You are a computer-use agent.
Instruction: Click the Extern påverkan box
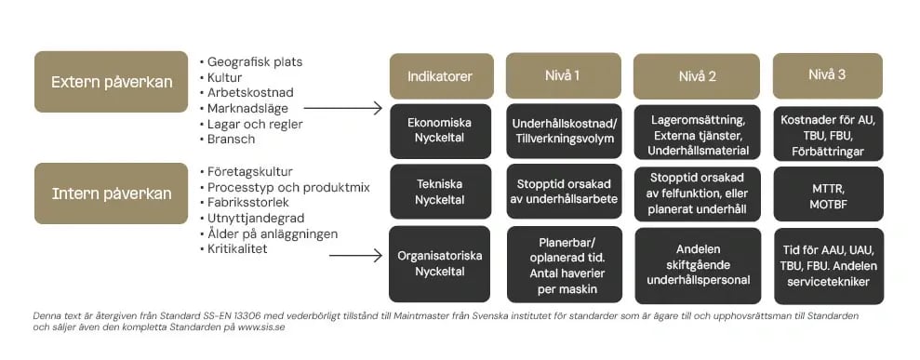click(112, 82)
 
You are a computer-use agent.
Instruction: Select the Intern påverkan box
click(112, 193)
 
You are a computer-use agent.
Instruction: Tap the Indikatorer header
click(440, 76)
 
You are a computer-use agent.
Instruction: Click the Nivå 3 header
click(827, 75)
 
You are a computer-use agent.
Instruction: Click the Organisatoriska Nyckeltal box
click(440, 264)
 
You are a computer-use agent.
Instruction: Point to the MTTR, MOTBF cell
click(827, 193)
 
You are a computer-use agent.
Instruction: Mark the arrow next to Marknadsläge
click(343, 109)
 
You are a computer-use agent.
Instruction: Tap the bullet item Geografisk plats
click(254, 62)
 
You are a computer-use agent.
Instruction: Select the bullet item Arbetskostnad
click(250, 93)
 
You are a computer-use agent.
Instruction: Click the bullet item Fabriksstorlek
click(248, 203)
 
